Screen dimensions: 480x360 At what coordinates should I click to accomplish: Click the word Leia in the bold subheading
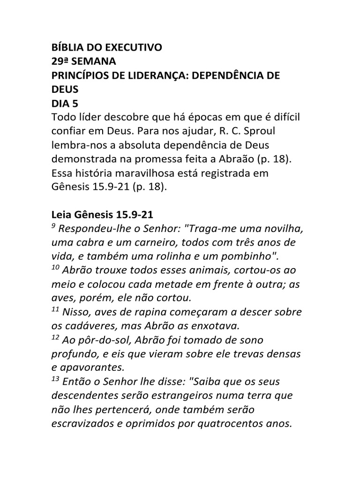tap(62, 215)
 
